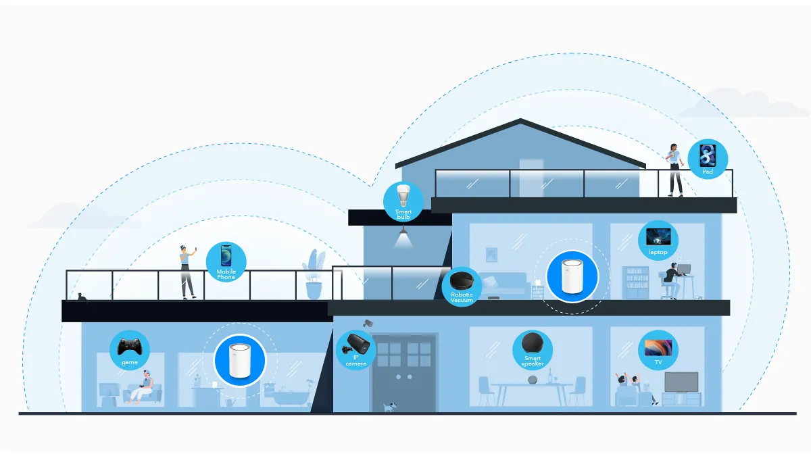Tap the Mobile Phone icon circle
point(226,261)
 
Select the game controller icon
point(130,349)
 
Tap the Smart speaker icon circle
point(532,350)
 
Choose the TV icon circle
point(658,350)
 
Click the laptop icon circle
point(658,240)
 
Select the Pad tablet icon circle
point(708,159)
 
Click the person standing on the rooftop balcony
point(675,170)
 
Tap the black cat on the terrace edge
point(81,297)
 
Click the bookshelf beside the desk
point(635,282)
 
